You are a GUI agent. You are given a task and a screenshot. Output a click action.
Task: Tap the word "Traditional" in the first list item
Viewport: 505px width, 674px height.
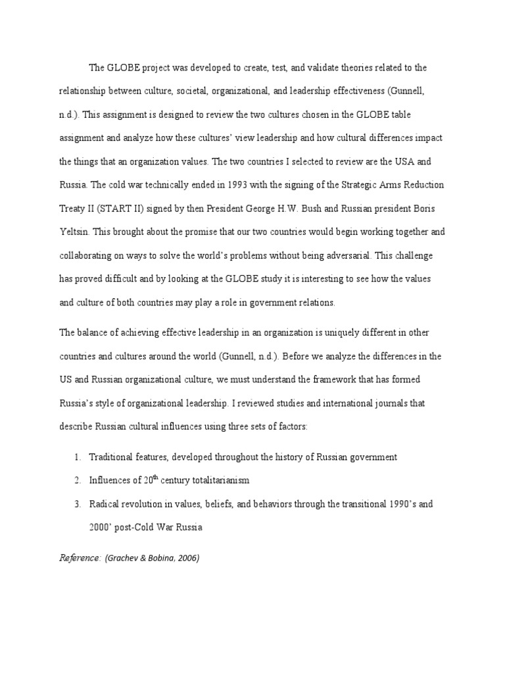pyautogui.click(x=110, y=457)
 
